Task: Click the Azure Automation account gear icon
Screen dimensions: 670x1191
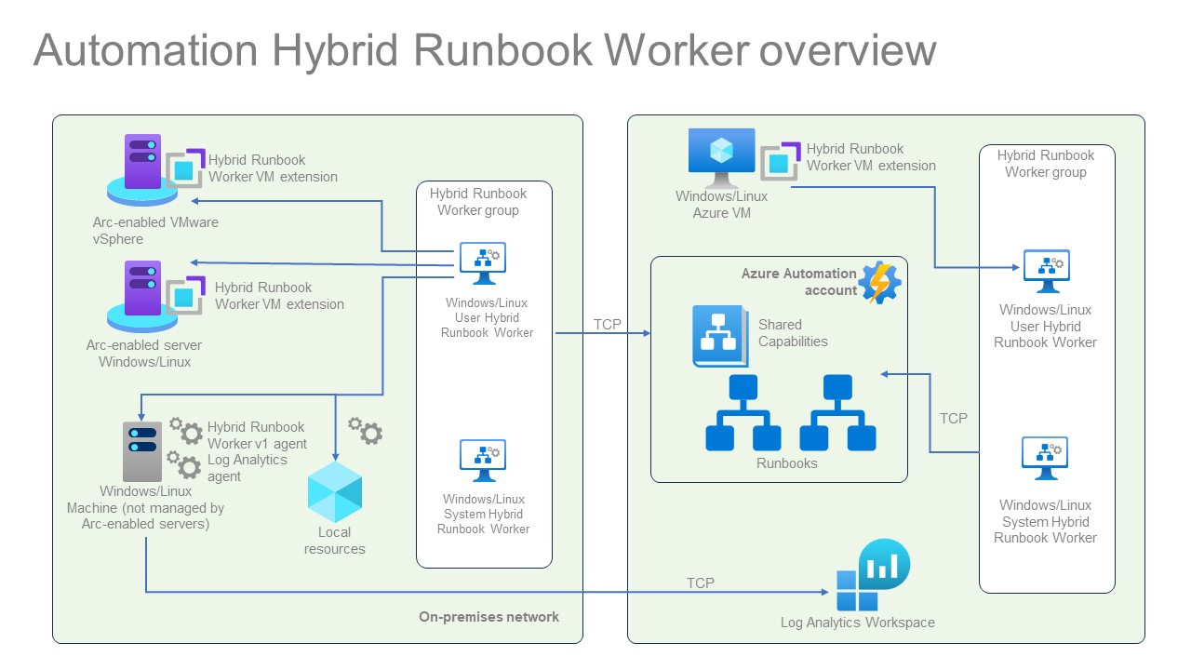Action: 879,283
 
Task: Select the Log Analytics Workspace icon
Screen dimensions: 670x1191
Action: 872,578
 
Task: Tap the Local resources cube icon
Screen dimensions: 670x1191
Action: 335,490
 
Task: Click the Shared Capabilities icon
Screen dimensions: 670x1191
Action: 720,335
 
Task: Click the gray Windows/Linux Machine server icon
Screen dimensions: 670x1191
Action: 141,450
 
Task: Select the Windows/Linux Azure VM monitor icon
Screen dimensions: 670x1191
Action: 722,156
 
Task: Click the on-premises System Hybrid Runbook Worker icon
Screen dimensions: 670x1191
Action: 483,461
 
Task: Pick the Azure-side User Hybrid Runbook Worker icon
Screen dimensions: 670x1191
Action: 1046,271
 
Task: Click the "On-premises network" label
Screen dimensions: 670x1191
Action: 488,617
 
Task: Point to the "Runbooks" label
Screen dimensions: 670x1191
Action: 786,463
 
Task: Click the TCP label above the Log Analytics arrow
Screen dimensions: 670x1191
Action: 701,583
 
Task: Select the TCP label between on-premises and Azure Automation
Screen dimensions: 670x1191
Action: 608,325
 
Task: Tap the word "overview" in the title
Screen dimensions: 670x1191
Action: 847,49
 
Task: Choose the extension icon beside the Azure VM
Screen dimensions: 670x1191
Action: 779,161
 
